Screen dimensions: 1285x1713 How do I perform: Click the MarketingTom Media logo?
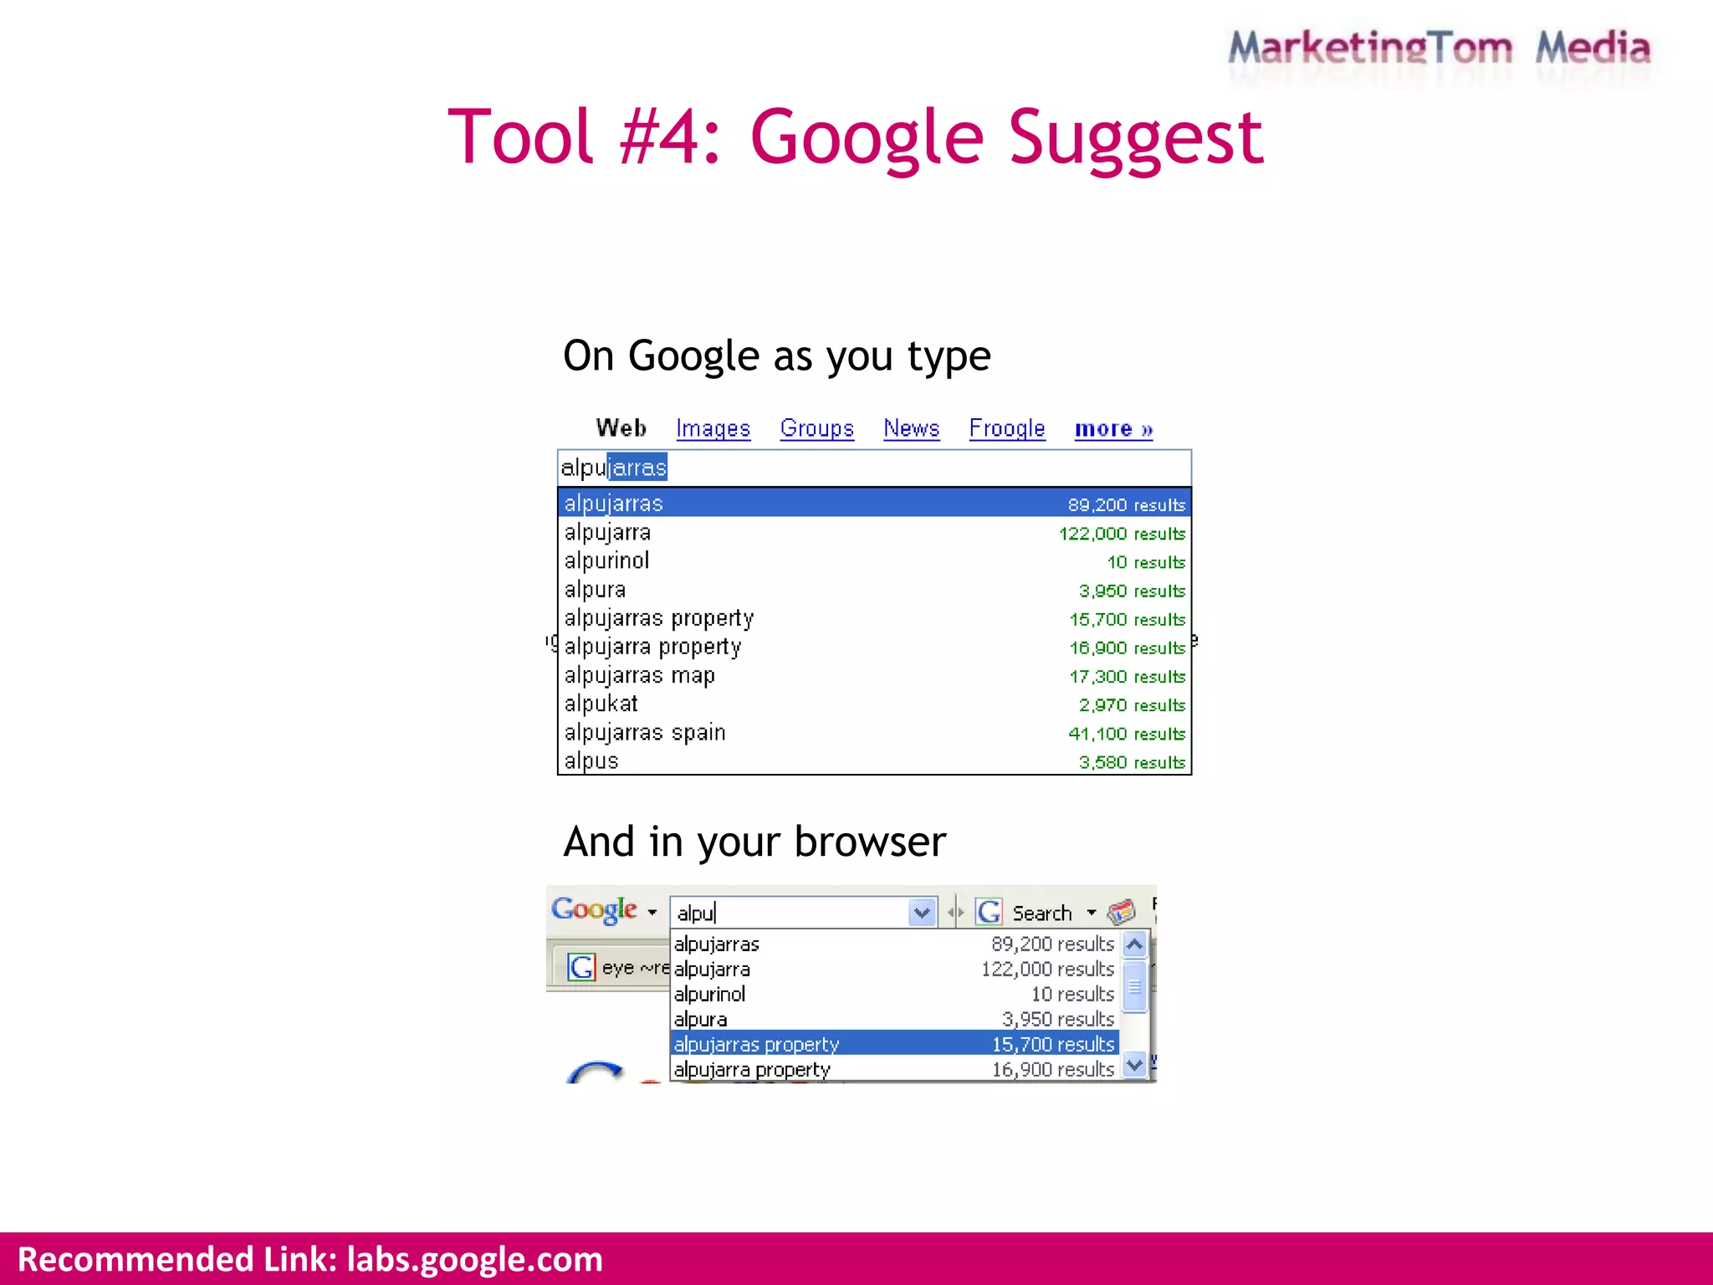click(1439, 49)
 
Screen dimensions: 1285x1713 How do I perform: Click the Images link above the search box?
click(713, 428)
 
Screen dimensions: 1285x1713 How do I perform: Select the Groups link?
click(816, 428)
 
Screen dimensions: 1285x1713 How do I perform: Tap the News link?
click(911, 428)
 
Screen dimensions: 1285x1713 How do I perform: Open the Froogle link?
click(1006, 428)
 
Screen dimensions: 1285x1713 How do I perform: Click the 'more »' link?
click(1112, 429)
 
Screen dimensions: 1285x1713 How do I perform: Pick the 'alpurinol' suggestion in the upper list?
click(606, 561)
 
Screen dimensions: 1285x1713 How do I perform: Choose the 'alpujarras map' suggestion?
click(639, 675)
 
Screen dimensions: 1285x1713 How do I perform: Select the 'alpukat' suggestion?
click(601, 704)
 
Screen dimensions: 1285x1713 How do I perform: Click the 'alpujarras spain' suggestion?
click(644, 732)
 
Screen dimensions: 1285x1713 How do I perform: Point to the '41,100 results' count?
click(1126, 734)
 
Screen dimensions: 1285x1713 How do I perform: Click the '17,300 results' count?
click(1127, 677)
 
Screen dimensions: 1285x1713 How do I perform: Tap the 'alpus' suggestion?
click(591, 760)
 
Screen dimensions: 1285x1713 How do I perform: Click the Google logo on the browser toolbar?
click(594, 909)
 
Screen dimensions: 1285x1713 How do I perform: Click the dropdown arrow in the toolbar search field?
click(922, 912)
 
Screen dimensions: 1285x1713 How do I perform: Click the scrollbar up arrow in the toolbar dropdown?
click(1134, 945)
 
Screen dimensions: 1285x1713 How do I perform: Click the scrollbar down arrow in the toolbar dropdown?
click(1134, 1065)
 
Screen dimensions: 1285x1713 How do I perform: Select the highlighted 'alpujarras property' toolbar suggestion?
click(756, 1044)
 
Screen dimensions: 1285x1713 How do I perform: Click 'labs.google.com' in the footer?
click(474, 1259)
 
